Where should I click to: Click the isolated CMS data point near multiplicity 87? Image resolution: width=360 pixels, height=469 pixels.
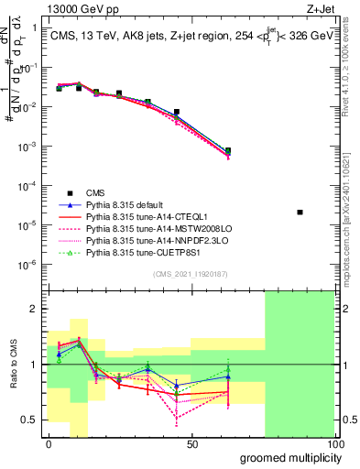(300, 213)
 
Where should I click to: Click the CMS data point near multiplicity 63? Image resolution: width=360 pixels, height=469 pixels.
(228, 150)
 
